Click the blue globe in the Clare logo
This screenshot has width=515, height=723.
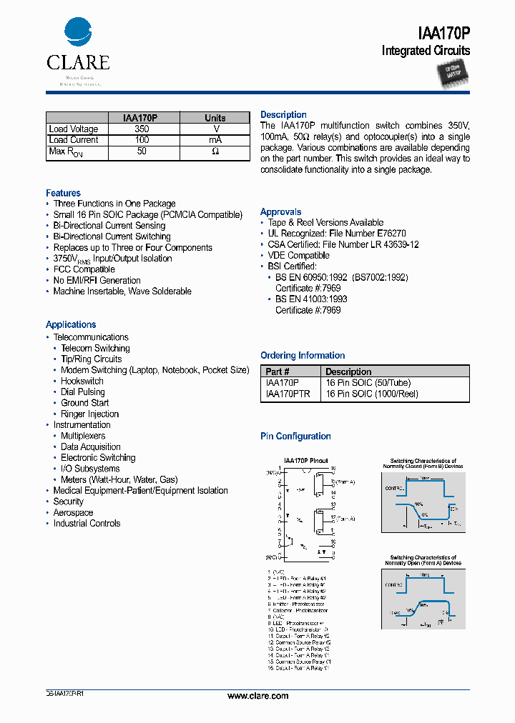78,34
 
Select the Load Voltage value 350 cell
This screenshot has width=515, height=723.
142,129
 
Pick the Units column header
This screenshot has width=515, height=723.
215,118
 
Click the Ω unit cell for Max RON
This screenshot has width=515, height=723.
215,152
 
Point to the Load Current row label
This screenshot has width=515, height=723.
74,141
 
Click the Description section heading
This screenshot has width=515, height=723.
283,115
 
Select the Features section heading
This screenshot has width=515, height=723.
63,194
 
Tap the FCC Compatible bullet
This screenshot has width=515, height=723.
84,269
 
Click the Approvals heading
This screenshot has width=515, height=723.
280,212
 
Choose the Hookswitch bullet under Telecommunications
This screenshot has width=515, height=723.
82,382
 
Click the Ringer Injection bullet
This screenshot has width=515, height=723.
89,414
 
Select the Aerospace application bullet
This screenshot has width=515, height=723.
73,513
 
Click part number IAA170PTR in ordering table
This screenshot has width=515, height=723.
288,394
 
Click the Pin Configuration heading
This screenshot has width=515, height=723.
295,437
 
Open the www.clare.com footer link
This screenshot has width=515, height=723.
257,696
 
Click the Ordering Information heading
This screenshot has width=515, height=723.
303,356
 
